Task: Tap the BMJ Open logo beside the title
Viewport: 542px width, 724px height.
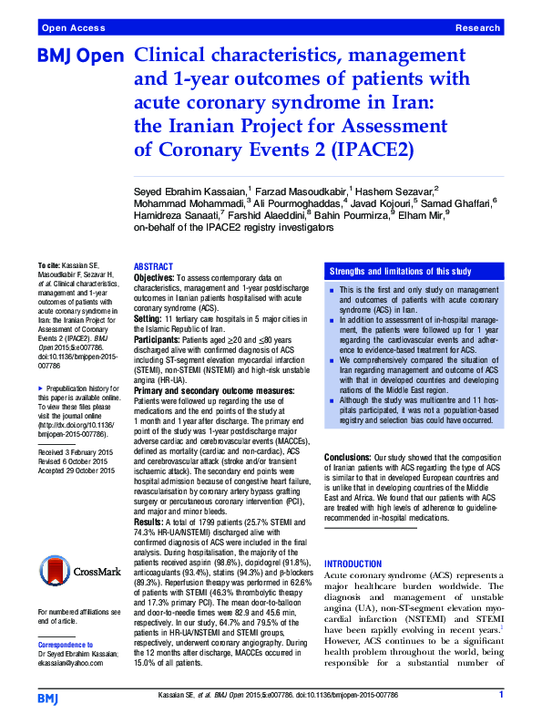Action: tap(79, 57)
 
